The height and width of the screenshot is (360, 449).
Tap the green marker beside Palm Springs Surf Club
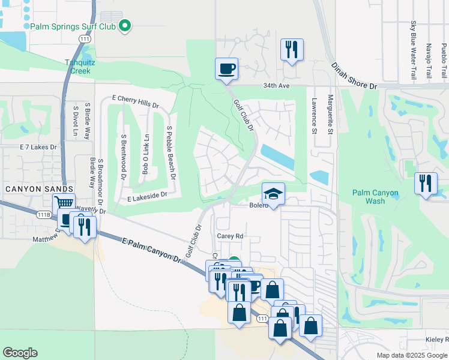(125, 25)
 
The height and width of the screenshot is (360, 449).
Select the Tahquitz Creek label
(78, 66)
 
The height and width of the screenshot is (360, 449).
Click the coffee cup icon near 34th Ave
(227, 68)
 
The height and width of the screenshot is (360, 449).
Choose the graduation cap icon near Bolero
(273, 194)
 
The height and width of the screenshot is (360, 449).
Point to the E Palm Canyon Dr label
(151, 250)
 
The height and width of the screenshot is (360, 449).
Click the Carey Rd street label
(230, 236)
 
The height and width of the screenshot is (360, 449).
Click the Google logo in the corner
(20, 353)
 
